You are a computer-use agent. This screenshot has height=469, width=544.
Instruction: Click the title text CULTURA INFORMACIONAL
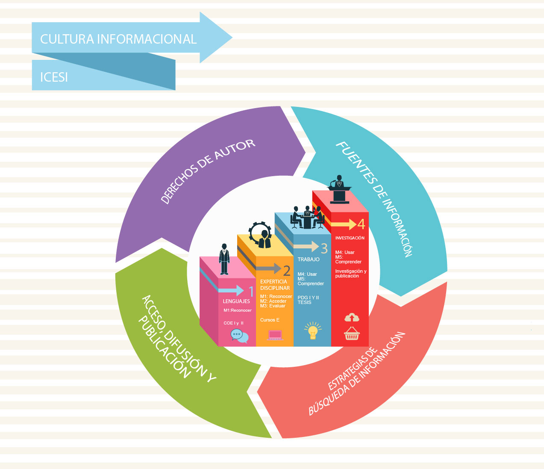tap(118, 39)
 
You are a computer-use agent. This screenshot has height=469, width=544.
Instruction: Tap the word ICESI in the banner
tap(54, 77)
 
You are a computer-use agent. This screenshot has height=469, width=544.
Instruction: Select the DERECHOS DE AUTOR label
tap(208, 171)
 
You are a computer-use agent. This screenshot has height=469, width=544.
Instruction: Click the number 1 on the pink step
tap(251, 292)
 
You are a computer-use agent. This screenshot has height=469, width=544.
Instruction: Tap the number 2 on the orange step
tap(287, 270)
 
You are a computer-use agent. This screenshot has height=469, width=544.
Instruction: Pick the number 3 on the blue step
tap(324, 248)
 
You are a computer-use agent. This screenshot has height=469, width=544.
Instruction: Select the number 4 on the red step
tap(362, 224)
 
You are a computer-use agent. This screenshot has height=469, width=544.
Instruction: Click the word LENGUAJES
tap(236, 301)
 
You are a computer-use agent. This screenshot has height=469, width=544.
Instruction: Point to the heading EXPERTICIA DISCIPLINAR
tap(275, 285)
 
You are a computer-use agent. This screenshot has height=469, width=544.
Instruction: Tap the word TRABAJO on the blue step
tap(309, 260)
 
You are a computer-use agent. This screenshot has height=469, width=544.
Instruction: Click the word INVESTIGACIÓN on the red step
tap(350, 238)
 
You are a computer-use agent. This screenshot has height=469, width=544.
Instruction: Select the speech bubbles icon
tap(239, 336)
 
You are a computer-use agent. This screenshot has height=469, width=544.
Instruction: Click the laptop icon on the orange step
tap(275, 335)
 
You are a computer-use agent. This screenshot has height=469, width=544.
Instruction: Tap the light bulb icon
tap(313, 330)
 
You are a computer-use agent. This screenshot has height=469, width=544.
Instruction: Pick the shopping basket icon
tap(352, 333)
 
